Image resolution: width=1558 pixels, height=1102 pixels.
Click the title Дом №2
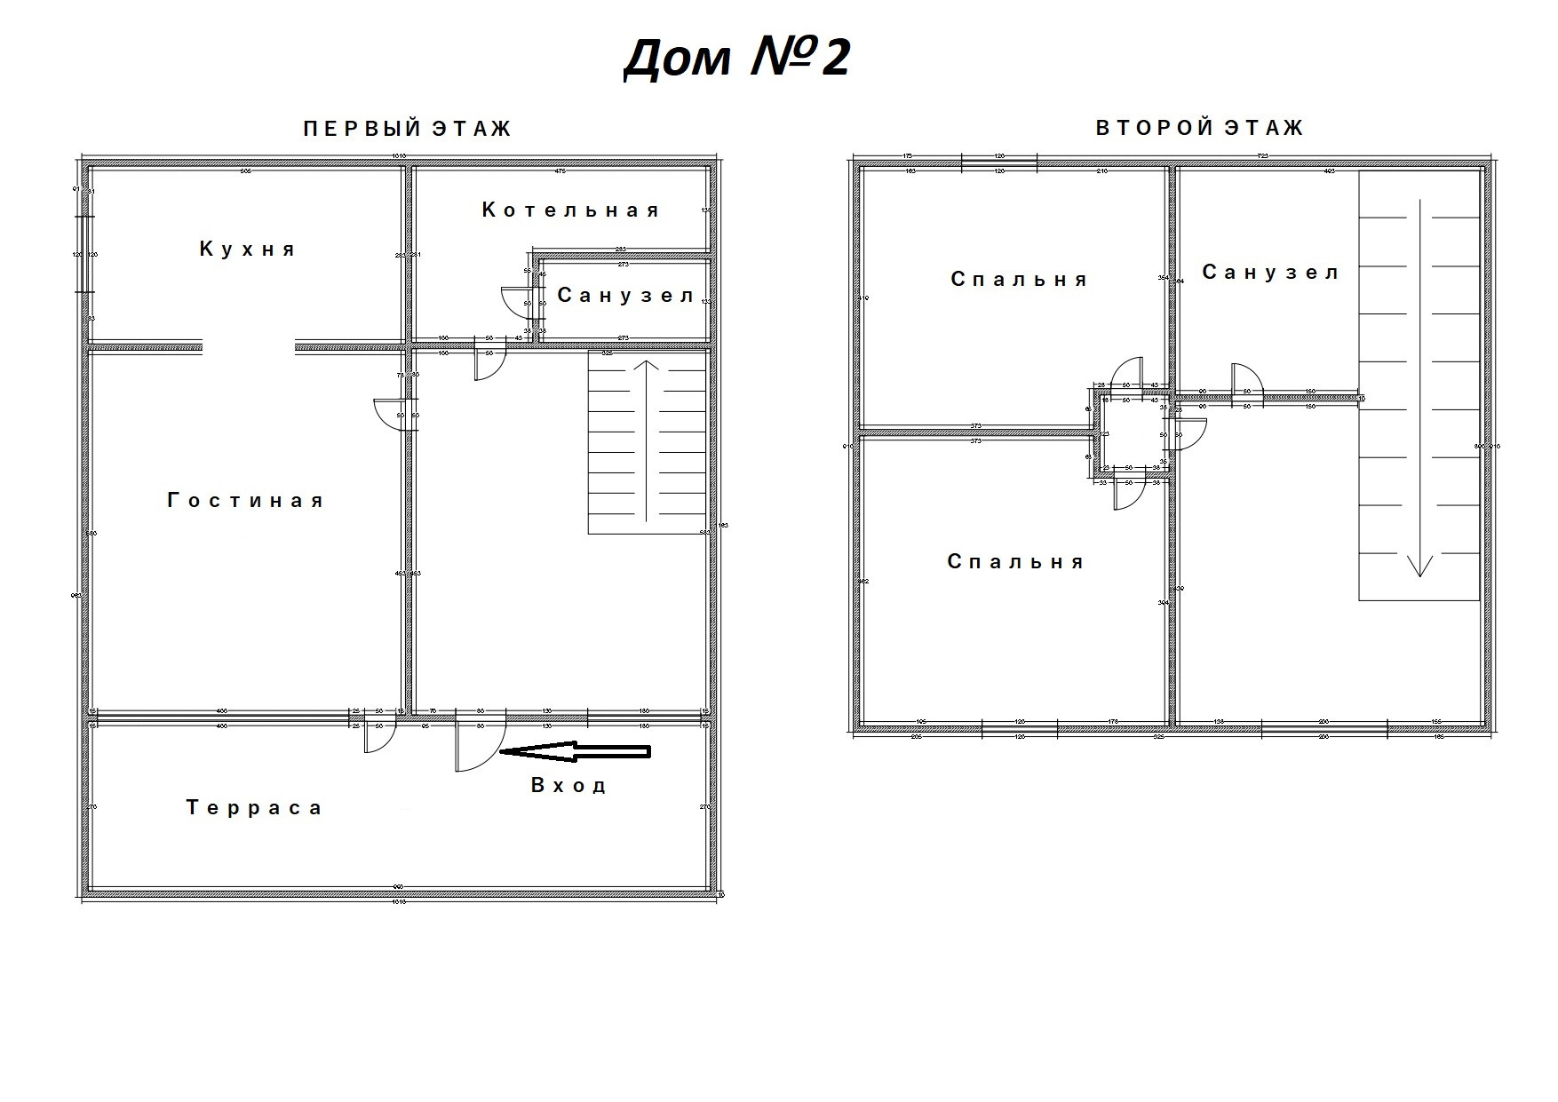(736, 59)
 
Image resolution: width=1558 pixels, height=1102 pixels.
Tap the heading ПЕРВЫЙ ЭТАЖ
(408, 130)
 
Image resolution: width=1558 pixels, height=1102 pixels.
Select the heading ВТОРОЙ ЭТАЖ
(1199, 129)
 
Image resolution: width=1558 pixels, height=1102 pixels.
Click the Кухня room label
(247, 250)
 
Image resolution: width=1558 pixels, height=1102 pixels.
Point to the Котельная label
(571, 210)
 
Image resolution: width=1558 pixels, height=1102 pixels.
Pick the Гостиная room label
(246, 501)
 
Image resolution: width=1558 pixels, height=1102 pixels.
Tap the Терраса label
(254, 808)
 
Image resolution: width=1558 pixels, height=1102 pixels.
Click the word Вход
(568, 786)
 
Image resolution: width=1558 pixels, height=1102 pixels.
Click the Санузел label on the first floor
(625, 296)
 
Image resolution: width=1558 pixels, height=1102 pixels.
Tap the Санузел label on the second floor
(1270, 273)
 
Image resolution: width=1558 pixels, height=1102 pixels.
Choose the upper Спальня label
(1019, 280)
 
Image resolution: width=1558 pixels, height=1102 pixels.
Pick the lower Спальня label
(1015, 562)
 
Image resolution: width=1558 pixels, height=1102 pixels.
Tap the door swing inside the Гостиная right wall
(391, 414)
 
